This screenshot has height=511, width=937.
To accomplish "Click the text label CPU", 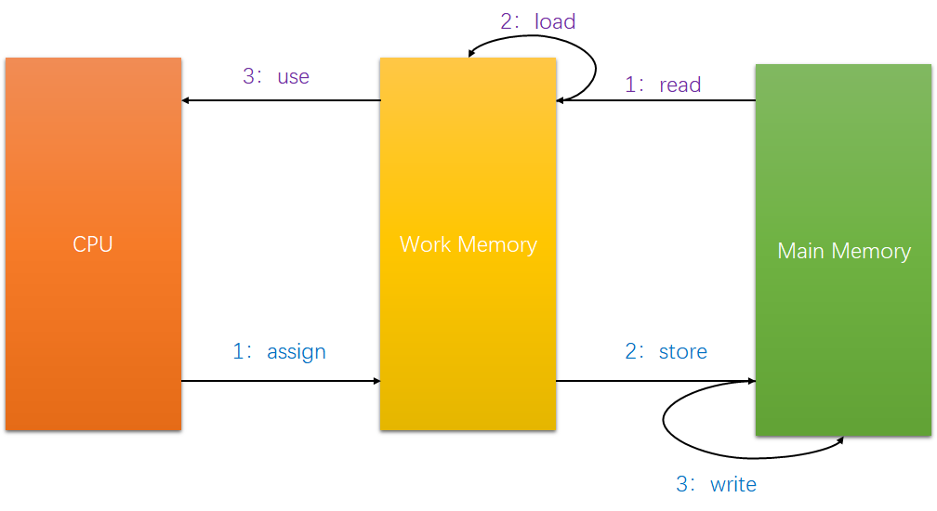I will pos(93,244).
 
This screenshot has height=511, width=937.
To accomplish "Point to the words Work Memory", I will pos(468,244).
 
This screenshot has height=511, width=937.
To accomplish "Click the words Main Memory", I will pos(844,251).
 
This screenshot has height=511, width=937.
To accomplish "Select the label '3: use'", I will pos(276,76).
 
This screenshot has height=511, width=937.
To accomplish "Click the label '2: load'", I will pos(538,21).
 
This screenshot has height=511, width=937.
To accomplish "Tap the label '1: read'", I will pos(663,85).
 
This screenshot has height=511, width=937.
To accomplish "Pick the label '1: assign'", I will pos(280,352).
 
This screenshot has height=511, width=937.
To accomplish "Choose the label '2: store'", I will pos(666,351).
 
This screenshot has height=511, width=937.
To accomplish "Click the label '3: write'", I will pos(716,484).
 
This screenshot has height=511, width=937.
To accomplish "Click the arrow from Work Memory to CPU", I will pos(279,100).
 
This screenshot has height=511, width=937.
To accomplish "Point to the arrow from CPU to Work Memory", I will pos(279,381).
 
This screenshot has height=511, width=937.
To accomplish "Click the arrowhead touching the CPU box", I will pos(187,100).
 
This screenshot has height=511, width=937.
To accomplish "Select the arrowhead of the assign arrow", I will pos(376,381).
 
